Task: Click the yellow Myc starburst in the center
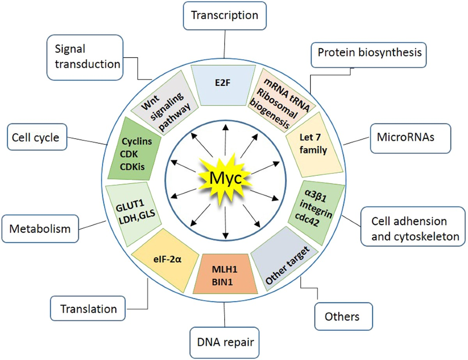click(x=225, y=178)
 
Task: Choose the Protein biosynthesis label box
click(x=369, y=53)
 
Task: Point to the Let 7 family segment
click(x=311, y=144)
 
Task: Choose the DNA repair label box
click(x=225, y=342)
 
